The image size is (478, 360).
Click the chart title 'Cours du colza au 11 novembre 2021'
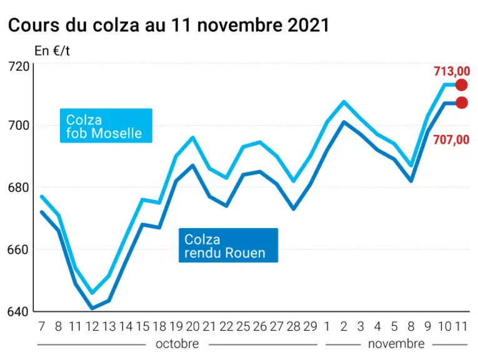click(169, 25)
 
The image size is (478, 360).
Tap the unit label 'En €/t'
click(52, 51)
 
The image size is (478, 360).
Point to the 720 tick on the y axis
click(19, 66)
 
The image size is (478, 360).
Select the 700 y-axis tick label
click(19, 125)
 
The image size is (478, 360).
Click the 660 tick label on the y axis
click(19, 249)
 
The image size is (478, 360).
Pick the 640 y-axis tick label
click(19, 312)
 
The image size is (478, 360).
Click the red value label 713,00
click(452, 71)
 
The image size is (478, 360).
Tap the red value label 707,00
click(451, 140)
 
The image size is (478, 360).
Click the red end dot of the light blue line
click(462, 85)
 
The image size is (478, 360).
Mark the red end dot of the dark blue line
click(462, 102)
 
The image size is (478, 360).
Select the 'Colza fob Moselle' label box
click(106, 126)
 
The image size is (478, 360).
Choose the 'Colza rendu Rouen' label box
click(228, 245)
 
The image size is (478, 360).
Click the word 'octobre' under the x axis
click(177, 344)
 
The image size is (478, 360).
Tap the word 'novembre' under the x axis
click(396, 344)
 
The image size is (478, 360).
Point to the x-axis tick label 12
click(92, 326)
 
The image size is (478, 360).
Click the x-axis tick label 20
click(192, 326)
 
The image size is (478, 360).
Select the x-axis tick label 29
click(311, 326)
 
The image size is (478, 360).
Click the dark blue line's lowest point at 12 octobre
click(92, 308)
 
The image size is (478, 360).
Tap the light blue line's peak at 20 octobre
click(192, 137)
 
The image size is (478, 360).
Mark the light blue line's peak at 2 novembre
click(344, 101)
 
